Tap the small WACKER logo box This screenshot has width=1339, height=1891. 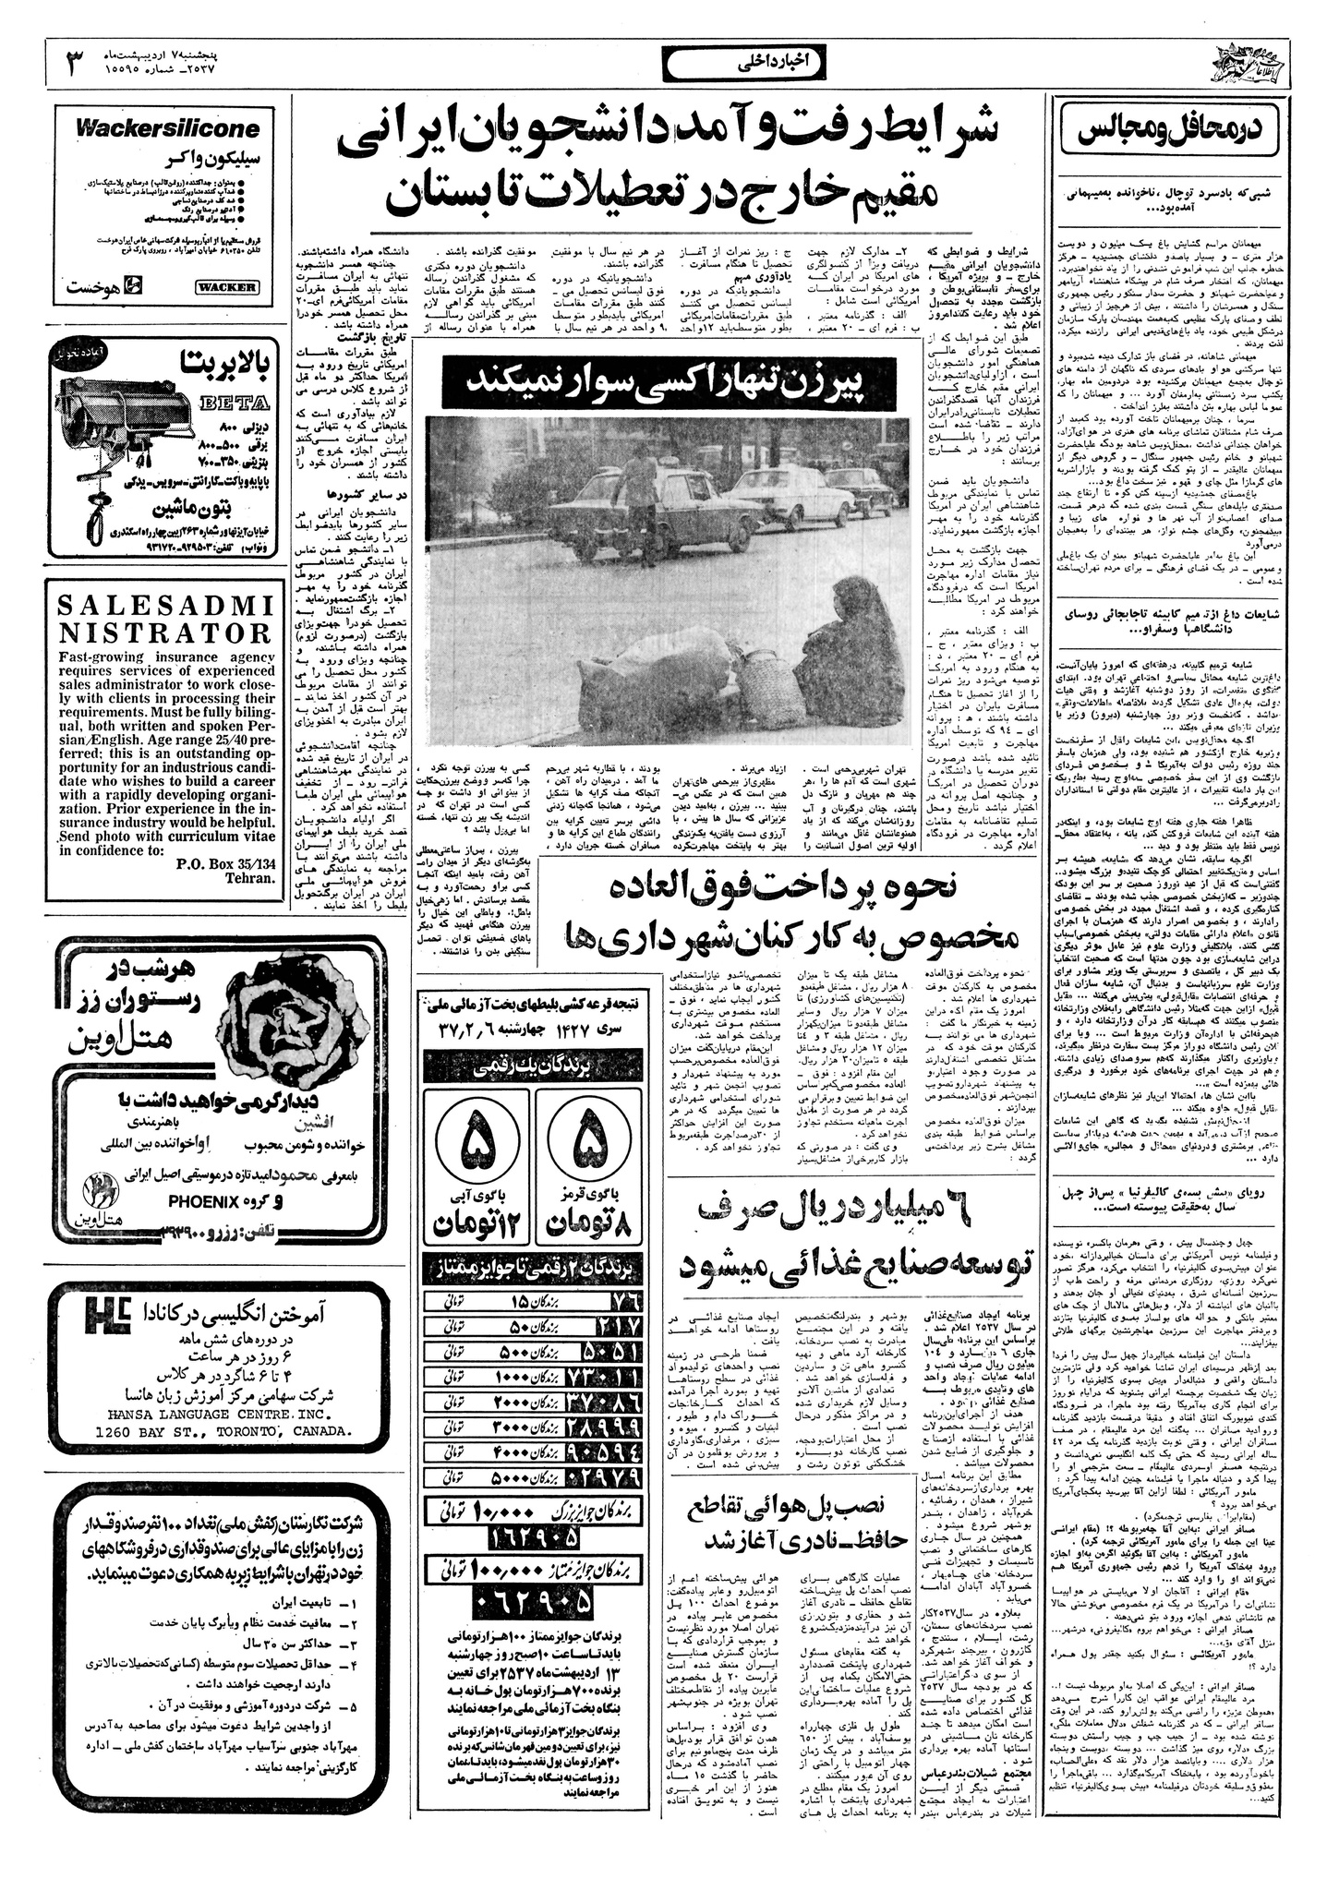click(x=226, y=286)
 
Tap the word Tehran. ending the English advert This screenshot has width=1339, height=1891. click(x=250, y=878)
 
